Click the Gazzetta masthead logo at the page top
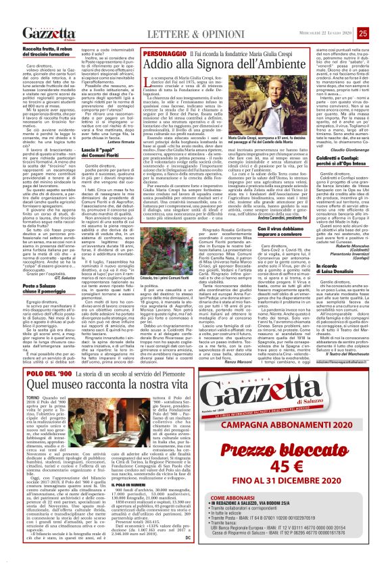(x=41, y=14)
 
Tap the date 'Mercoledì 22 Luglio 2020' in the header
(x=348, y=14)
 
